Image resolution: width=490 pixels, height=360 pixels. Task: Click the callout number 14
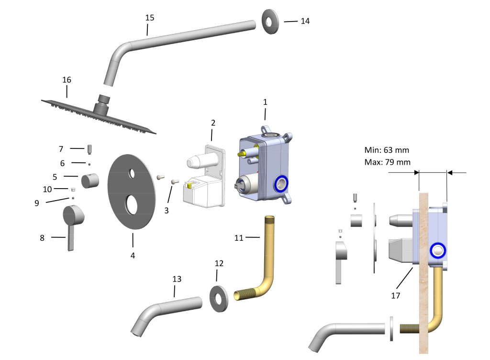[305, 21]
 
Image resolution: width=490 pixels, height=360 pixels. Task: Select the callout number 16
[67, 79]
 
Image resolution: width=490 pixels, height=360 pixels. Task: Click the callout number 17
[395, 296]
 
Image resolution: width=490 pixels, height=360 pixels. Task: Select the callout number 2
[213, 123]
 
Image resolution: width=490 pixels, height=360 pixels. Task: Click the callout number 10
[47, 189]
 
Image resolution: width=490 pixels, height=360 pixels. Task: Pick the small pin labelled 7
[89, 149]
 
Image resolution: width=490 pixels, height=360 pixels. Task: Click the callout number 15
[150, 18]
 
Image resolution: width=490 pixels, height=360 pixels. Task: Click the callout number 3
[167, 210]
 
